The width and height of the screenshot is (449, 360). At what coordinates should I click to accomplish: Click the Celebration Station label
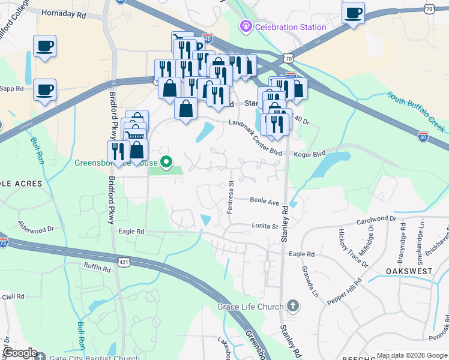[x=291, y=26]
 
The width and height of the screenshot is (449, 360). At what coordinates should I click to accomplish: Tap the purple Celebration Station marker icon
[x=245, y=26]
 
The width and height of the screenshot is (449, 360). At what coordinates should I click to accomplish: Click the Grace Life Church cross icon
[x=292, y=307]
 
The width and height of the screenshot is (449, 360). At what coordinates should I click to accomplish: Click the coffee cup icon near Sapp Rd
[x=44, y=90]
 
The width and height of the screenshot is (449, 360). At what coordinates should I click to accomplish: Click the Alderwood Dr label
[x=36, y=229]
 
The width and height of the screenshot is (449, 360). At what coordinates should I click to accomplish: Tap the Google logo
[x=20, y=353]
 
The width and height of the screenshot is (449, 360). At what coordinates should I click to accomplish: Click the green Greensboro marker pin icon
[x=169, y=162]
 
